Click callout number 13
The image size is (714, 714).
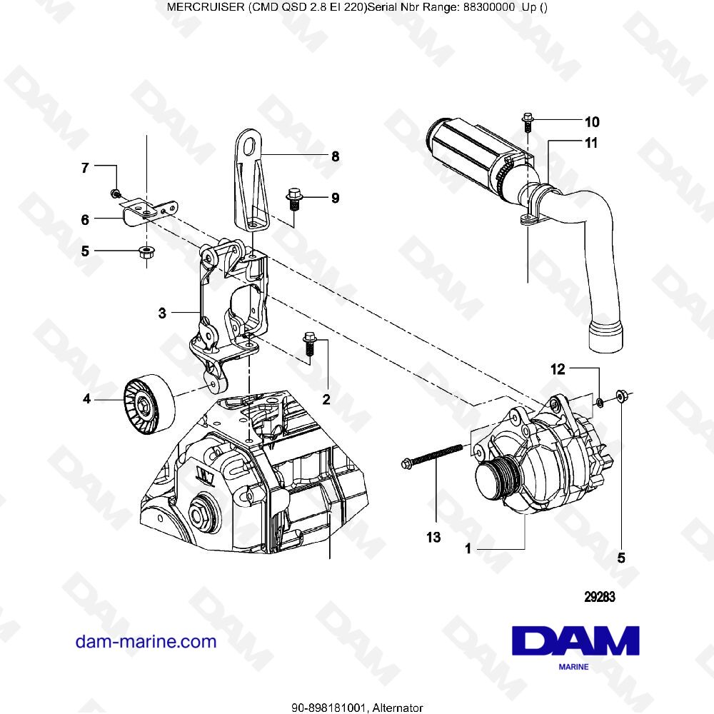pos(433,537)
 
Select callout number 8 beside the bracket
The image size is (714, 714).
pos(335,156)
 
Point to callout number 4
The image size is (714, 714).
pos(87,399)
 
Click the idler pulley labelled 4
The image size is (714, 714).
pos(149,403)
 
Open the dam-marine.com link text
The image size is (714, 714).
pos(146,641)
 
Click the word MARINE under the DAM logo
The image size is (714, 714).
pos(573,667)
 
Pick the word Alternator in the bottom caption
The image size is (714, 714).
pos(398,708)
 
